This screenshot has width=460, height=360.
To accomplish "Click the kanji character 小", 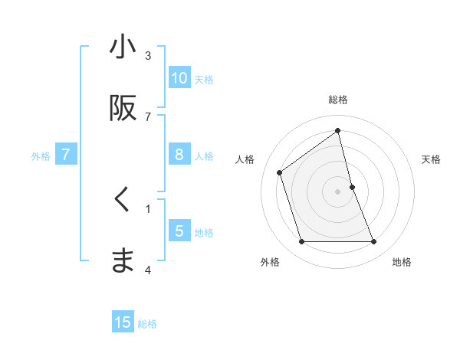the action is coord(123,47).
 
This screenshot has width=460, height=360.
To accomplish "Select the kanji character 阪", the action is coord(123,108).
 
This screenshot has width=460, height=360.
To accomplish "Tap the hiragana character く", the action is coord(123,200).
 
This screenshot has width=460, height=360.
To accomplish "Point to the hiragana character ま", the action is coord(123,261).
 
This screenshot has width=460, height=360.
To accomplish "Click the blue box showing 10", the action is coord(179,78).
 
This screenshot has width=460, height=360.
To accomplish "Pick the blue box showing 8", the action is coord(179,155).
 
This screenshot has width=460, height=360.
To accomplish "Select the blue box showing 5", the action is coord(179,231).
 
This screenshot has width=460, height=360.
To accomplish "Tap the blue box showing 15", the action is coord(123,322).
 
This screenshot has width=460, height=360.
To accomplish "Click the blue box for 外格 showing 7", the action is coord(66,155).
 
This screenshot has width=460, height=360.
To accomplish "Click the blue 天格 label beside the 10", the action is coord(204,79).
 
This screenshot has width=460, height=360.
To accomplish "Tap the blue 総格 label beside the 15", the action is coord(147,323).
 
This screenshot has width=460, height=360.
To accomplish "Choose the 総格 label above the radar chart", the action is coord(338,100).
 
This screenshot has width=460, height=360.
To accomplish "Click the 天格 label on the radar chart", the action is coord(432,159).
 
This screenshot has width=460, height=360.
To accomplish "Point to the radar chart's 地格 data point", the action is coord(374,242).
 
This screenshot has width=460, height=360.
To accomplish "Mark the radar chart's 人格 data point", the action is coord(280,172).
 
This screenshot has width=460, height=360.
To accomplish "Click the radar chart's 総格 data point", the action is coord(338,131).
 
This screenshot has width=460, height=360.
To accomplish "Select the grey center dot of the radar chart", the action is coord(338,191).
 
